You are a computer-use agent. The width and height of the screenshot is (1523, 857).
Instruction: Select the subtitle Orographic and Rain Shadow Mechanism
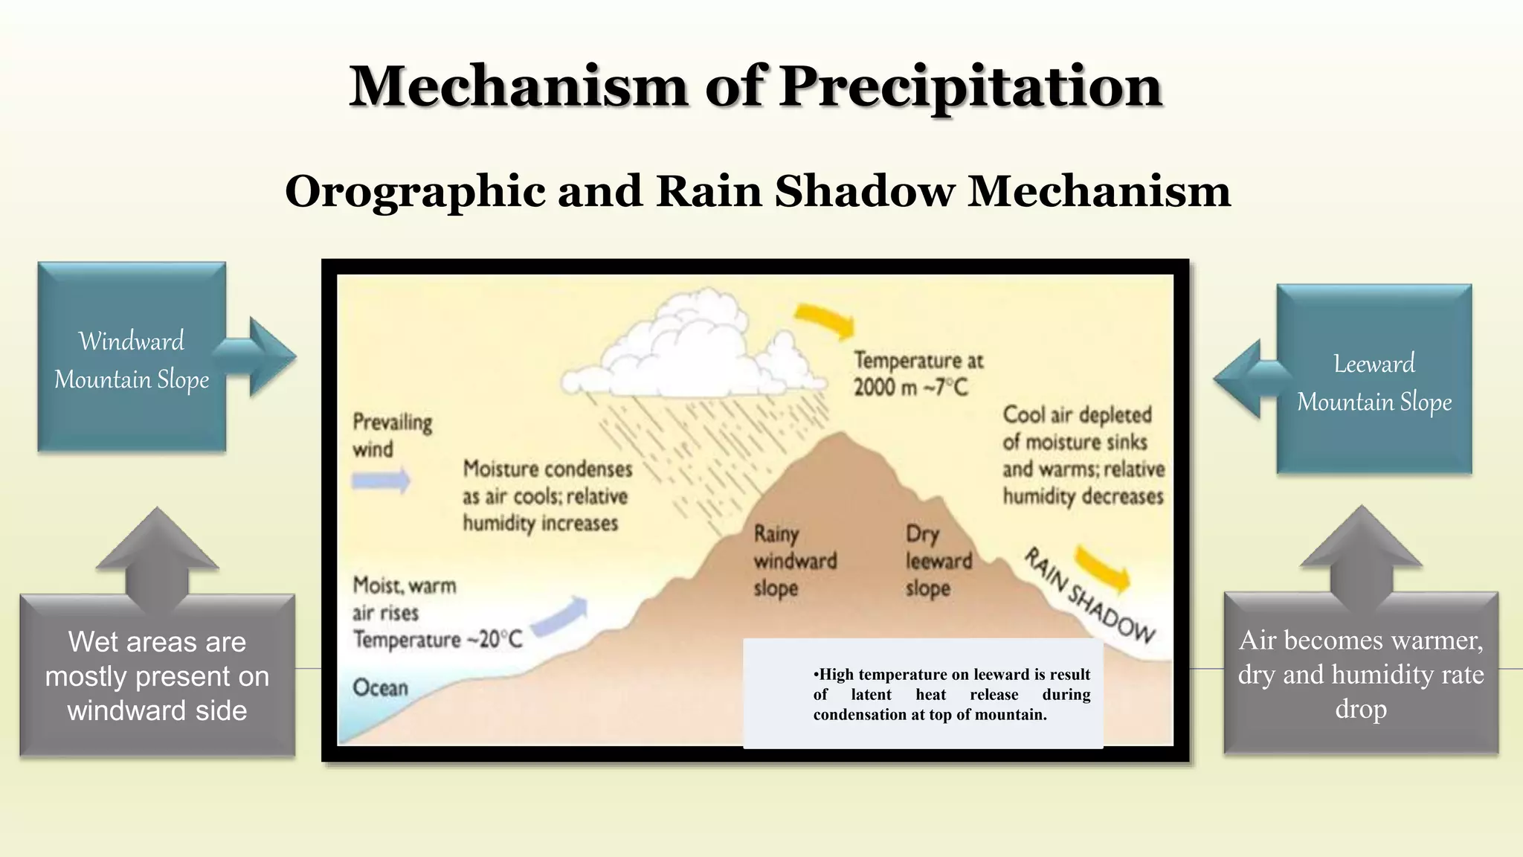click(x=758, y=191)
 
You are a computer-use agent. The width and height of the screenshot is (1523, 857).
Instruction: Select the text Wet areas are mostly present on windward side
click(x=157, y=676)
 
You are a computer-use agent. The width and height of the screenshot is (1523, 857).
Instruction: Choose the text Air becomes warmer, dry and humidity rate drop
click(x=1361, y=674)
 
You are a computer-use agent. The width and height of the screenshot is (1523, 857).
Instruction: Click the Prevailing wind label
click(x=392, y=435)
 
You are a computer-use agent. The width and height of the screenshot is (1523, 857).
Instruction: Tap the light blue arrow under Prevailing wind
click(x=381, y=481)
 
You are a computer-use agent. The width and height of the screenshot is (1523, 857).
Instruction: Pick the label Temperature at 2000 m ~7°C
click(x=918, y=373)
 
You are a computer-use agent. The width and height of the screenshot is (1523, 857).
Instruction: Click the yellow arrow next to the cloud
click(x=825, y=320)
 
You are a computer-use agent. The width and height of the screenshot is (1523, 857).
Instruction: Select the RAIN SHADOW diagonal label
click(x=1089, y=595)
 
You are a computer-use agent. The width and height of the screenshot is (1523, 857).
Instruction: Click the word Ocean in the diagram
click(x=380, y=687)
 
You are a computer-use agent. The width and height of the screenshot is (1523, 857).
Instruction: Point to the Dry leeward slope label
click(x=938, y=561)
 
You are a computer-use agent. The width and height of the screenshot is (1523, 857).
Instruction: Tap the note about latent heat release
click(x=951, y=694)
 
